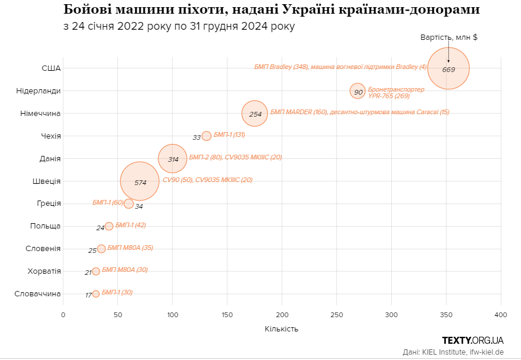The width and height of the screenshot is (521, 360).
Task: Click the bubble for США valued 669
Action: (x=448, y=68)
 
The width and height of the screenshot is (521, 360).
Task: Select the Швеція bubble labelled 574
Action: (x=140, y=180)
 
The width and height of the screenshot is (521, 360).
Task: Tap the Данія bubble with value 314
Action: (x=173, y=158)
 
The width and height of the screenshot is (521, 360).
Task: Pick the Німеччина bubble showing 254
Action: (x=255, y=113)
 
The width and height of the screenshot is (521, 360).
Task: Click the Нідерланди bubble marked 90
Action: (x=357, y=91)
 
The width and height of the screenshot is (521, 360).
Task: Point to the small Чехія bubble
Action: (x=207, y=136)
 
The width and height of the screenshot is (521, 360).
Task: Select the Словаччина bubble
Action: (x=96, y=294)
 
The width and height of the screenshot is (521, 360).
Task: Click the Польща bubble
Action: (x=109, y=226)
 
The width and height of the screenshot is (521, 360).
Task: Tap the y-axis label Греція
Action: (x=48, y=204)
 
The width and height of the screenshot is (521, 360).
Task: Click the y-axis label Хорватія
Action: (x=44, y=271)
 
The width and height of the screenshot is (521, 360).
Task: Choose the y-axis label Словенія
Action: (x=43, y=249)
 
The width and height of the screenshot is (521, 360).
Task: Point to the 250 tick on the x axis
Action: (x=337, y=314)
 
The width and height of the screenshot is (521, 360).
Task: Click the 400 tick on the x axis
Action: (x=501, y=314)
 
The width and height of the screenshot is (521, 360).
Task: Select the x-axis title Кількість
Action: (x=282, y=328)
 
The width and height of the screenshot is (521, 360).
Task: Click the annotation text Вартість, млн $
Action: (x=448, y=37)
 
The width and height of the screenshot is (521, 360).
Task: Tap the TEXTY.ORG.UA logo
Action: (x=473, y=340)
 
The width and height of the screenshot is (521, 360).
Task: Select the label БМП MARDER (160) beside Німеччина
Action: (x=298, y=112)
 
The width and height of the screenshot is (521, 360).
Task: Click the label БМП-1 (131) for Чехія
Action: (x=229, y=135)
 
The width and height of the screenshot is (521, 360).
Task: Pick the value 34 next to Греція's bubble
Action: (x=139, y=206)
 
